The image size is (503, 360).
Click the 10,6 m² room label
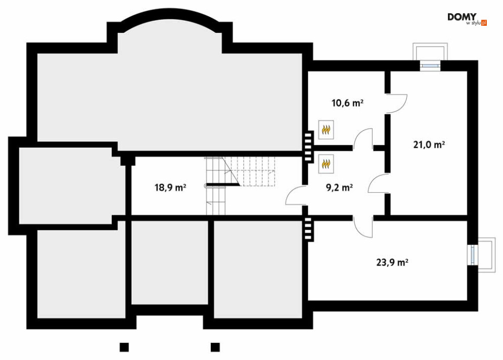(347, 103)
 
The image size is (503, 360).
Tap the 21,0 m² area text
(429, 145)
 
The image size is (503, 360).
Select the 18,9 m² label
(170, 188)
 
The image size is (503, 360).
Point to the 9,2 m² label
(339, 188)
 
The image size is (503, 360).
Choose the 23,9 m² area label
(392, 262)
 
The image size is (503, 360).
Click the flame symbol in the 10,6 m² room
(326, 129)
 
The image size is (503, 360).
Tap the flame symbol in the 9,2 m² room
(326, 163)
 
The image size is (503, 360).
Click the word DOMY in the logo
(462, 17)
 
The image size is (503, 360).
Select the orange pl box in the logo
(484, 23)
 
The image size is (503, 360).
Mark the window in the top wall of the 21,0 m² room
(431, 65)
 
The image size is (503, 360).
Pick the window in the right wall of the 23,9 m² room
(472, 255)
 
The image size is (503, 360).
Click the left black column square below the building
(124, 347)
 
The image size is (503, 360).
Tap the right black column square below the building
(215, 347)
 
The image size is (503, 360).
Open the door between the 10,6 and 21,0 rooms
(397, 104)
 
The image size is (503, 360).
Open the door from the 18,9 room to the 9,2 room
(296, 196)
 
